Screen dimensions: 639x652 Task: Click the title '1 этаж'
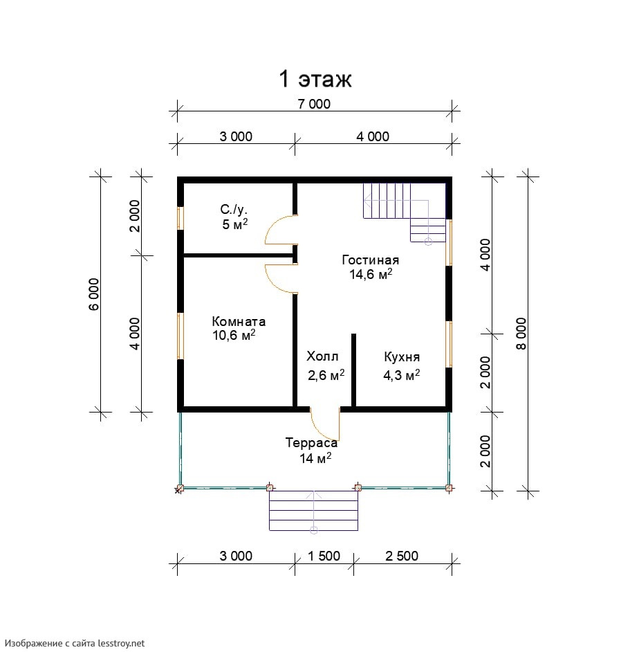(x=315, y=79)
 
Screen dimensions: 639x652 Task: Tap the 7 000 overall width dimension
(x=314, y=104)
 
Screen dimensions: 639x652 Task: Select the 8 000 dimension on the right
(x=521, y=334)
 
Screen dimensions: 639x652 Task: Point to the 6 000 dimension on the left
(x=94, y=294)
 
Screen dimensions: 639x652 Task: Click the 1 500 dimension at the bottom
(x=324, y=556)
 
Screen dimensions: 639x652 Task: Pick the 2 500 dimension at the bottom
(x=402, y=556)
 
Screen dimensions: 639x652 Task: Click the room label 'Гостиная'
(x=371, y=260)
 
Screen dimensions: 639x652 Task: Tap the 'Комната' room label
(x=239, y=321)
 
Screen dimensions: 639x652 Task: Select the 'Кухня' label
(x=402, y=356)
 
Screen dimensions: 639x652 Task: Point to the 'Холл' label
(x=322, y=356)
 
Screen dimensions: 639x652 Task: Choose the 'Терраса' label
(x=311, y=443)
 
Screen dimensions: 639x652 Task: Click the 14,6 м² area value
(x=371, y=275)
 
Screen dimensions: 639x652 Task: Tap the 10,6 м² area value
(x=234, y=335)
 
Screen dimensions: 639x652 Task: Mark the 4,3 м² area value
(x=401, y=375)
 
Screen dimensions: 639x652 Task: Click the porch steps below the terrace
(x=314, y=511)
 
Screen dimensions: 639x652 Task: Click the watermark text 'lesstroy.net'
(x=121, y=643)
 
